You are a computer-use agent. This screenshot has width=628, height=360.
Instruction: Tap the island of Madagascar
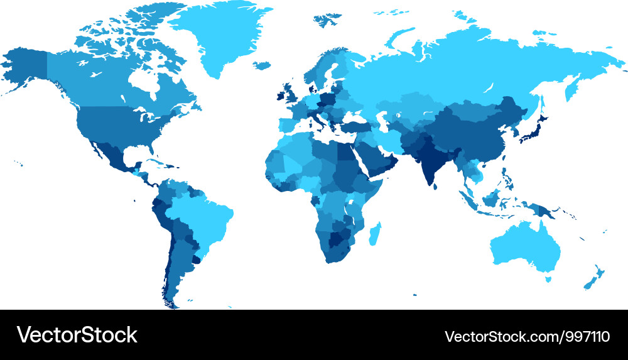pyautogui.click(x=375, y=234)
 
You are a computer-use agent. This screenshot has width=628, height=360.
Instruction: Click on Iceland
pyautogui.click(x=263, y=65)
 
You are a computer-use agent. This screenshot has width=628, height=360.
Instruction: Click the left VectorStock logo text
pyautogui.click(x=77, y=335)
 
